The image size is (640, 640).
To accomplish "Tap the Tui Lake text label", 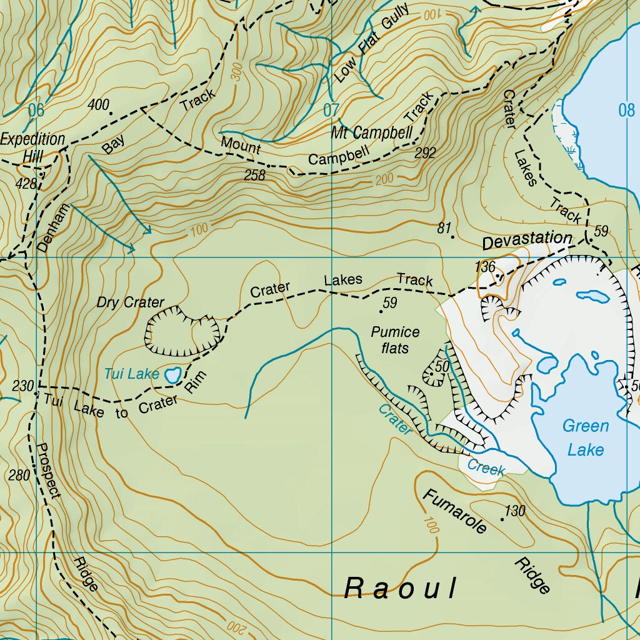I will click(x=131, y=374).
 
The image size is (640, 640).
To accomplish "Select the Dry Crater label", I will click(x=130, y=302).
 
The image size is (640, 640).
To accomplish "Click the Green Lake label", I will click(x=586, y=437).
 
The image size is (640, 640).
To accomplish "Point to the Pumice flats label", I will click(x=395, y=339).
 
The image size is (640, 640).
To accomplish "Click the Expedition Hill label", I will click(x=32, y=147).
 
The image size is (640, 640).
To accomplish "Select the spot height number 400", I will click(x=98, y=104).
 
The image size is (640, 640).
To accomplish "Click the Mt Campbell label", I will click(x=372, y=132).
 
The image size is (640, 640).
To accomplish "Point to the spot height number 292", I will click(x=425, y=152).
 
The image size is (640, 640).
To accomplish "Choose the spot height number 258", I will click(x=254, y=176).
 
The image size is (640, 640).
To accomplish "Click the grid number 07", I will click(x=331, y=111).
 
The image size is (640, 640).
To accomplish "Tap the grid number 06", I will click(x=36, y=111).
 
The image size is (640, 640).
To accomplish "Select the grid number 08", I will click(x=626, y=111).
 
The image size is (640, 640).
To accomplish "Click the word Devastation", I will click(x=527, y=239).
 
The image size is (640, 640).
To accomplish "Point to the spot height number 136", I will click(x=484, y=267).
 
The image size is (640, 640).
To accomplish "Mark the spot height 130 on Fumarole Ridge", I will click(x=515, y=511).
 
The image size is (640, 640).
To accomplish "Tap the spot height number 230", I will click(x=22, y=386).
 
